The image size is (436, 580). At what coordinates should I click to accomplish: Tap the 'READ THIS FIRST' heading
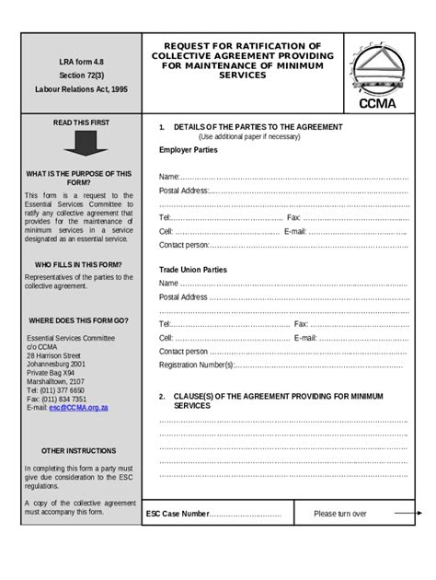tap(81, 122)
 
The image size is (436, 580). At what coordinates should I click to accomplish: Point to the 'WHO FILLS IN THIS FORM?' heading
tap(78, 264)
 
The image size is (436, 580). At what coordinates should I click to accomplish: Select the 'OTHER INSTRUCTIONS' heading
tap(78, 451)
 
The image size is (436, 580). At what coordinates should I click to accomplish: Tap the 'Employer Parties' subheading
tap(189, 149)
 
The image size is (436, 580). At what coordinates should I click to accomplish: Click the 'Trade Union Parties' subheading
tap(192, 270)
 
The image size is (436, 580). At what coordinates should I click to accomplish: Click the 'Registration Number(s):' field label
tap(197, 365)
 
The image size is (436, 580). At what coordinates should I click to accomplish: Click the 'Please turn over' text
tap(339, 514)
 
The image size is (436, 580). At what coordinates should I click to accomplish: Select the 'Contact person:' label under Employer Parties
tap(184, 245)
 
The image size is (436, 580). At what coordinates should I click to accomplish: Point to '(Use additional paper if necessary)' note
tap(249, 136)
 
